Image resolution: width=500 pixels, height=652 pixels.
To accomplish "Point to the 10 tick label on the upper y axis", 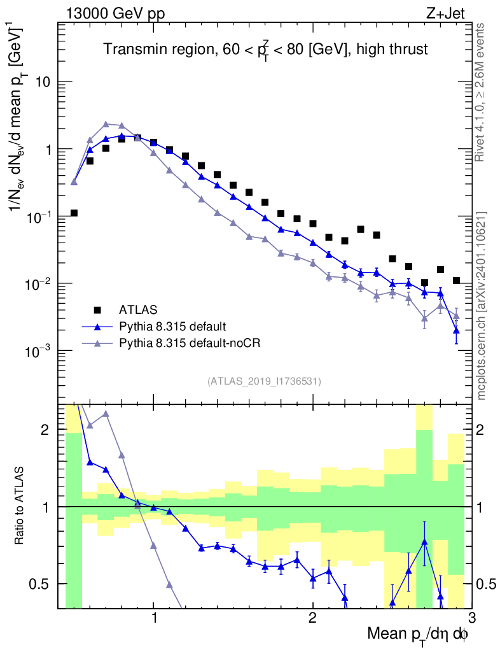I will point(43,82).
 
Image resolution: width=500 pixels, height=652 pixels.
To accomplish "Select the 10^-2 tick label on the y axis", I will point(37,283).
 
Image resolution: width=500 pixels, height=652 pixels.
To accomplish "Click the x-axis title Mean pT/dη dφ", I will point(418,635).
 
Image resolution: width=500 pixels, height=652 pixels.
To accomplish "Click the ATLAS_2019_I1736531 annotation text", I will point(264,381).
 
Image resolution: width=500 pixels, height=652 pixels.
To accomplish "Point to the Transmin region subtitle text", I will point(265,50).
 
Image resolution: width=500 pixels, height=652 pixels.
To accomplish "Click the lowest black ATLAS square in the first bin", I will point(74,213).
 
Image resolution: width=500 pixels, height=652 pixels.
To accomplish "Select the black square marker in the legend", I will point(97,310).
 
